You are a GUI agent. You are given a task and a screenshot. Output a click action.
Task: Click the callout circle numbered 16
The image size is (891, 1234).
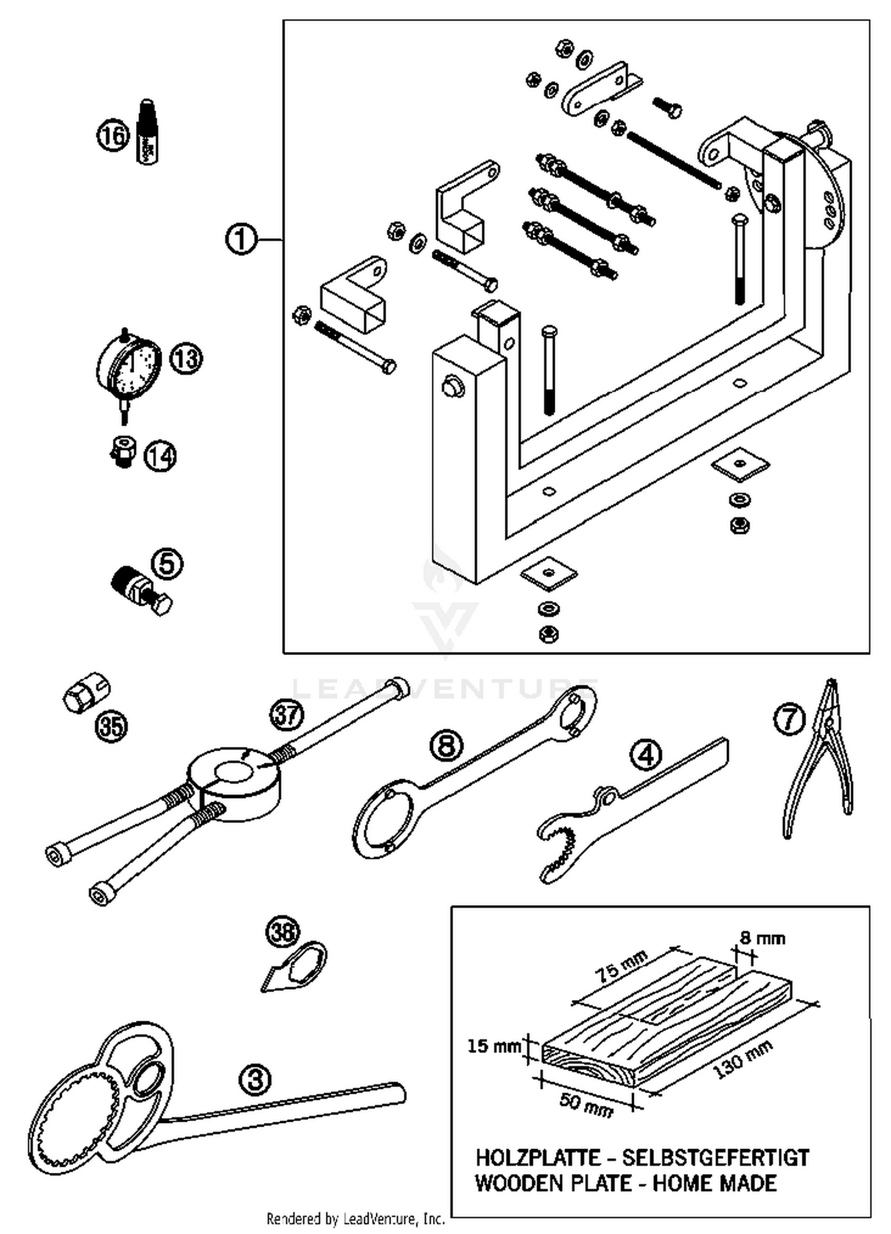[x=113, y=135]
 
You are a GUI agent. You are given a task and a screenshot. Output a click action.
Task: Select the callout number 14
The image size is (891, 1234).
[x=160, y=456]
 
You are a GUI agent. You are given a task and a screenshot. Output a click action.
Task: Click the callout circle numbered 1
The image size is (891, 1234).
[x=241, y=240]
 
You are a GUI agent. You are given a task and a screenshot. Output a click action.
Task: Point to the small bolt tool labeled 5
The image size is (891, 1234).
[x=140, y=590]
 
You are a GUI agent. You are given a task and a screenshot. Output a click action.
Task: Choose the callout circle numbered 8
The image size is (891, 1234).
[x=447, y=746]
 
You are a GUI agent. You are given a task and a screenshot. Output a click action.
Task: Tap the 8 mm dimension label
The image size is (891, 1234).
[x=762, y=938]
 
